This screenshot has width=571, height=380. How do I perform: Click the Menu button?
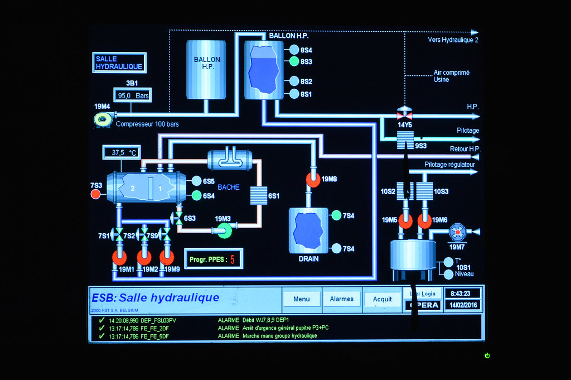pos(301,299)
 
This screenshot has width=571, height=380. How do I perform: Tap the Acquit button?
pos(382,299)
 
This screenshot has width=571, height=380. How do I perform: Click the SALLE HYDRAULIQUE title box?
pos(119,62)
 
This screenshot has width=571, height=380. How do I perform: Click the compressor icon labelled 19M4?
pos(103,119)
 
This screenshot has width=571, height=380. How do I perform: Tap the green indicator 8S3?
pos(294,61)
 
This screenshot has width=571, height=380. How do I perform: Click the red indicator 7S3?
pos(95,194)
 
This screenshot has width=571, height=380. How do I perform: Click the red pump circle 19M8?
pos(313,180)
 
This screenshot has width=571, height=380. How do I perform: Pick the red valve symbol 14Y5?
pos(404,116)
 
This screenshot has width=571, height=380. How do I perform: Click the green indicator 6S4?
pos(196,195)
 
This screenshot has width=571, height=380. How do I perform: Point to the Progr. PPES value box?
pos(214,259)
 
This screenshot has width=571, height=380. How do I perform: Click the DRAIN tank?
pos(308,230)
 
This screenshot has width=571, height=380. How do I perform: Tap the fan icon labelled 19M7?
pos(457,231)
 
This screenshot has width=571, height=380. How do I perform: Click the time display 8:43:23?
pos(460,294)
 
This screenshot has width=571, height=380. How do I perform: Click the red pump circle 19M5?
pos(405,221)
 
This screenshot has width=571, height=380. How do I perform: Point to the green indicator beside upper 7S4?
pos(336,215)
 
